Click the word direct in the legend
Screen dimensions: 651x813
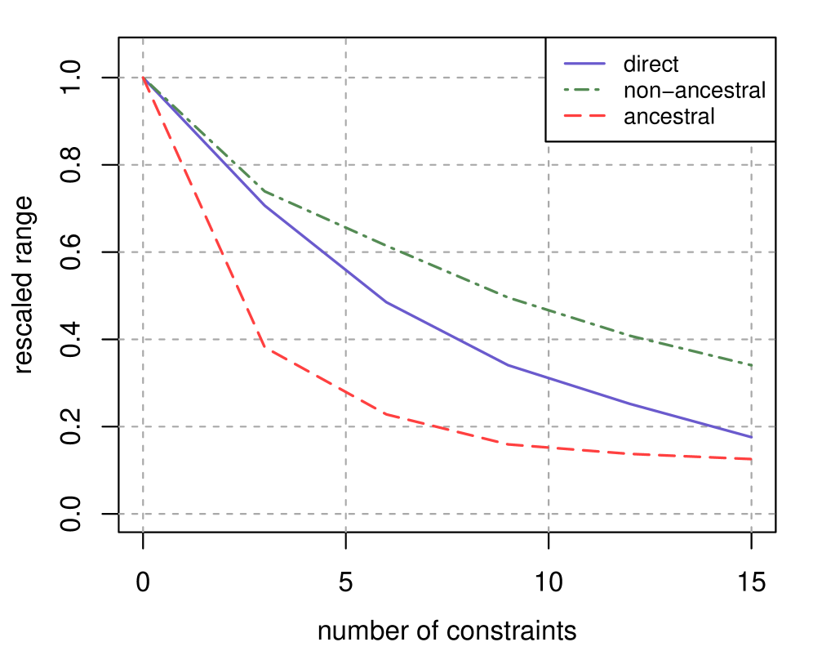point(651,65)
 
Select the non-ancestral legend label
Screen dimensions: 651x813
point(695,90)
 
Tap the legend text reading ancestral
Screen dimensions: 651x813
point(669,116)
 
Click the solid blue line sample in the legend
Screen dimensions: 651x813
point(584,64)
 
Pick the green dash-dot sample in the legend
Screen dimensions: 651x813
point(584,90)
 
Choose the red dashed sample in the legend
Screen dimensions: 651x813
point(584,116)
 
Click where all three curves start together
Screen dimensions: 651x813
point(144,78)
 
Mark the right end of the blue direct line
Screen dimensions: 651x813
point(751,437)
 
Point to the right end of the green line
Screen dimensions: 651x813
point(751,365)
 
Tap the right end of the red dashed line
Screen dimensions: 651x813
point(751,460)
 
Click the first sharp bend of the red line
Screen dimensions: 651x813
point(265,350)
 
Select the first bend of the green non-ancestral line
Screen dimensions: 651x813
point(265,192)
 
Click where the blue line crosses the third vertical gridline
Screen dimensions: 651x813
point(549,378)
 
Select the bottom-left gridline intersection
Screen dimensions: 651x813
point(144,514)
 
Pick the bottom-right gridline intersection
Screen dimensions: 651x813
point(751,514)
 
